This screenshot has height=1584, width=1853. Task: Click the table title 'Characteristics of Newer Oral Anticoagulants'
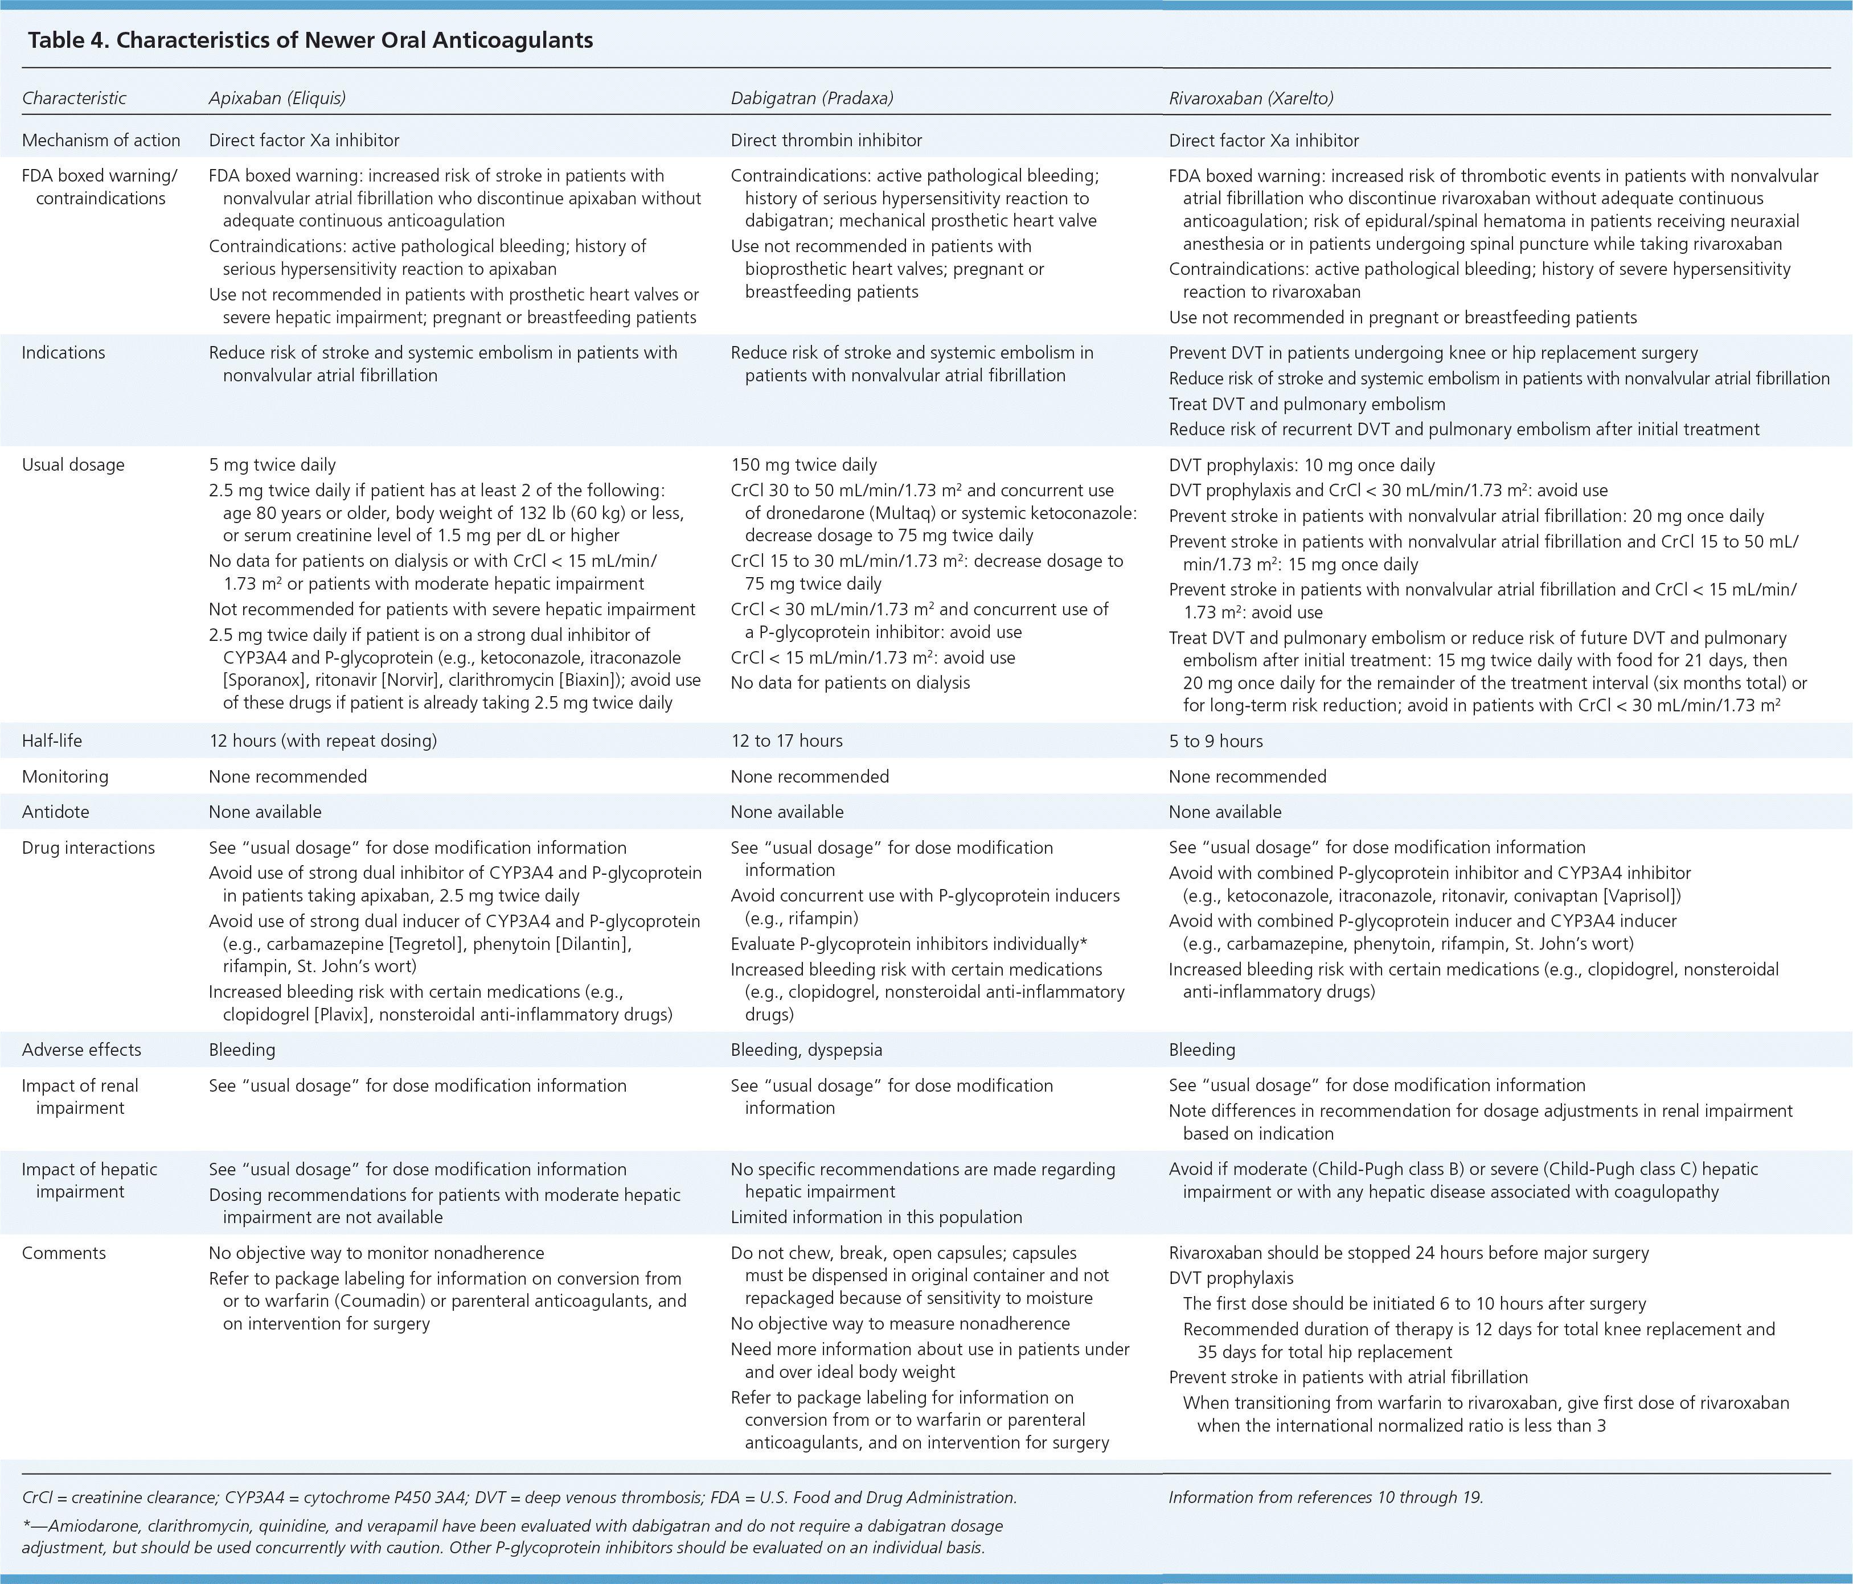pyautogui.click(x=354, y=40)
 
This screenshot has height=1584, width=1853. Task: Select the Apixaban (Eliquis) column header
pyautogui.click(x=277, y=98)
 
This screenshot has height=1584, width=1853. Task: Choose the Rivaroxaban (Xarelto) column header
pyautogui.click(x=1251, y=98)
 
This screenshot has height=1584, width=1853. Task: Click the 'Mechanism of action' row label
pyautogui.click(x=101, y=141)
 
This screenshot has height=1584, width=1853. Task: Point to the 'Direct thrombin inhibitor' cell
pyautogui.click(x=826, y=141)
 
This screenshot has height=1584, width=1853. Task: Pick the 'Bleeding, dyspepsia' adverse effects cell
pyautogui.click(x=806, y=1050)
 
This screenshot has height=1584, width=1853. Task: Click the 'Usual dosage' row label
pyautogui.click(x=73, y=465)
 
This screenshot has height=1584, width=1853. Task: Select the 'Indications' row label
pyautogui.click(x=64, y=353)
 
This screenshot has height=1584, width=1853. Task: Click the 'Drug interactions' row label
pyautogui.click(x=88, y=848)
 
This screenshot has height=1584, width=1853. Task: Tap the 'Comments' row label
pyautogui.click(x=64, y=1253)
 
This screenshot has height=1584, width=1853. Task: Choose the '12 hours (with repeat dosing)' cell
pyautogui.click(x=323, y=741)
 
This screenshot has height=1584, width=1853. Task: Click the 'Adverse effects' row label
pyautogui.click(x=81, y=1050)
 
